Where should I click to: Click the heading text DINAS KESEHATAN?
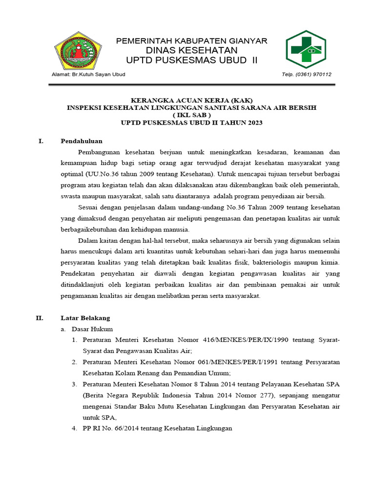pyautogui.click(x=191, y=50)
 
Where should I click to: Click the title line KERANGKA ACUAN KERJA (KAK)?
pyautogui.click(x=191, y=100)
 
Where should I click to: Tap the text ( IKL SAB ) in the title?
pyautogui.click(x=191, y=115)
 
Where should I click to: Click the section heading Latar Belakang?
pyautogui.click(x=85, y=318)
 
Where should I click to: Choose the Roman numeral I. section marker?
pyautogui.click(x=41, y=141)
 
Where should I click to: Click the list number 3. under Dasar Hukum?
pyautogui.click(x=74, y=384)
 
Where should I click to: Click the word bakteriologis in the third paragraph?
pyautogui.click(x=273, y=262)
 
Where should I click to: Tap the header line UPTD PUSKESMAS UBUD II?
pyautogui.click(x=191, y=60)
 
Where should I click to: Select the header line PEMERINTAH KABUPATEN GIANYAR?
pyautogui.click(x=191, y=41)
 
